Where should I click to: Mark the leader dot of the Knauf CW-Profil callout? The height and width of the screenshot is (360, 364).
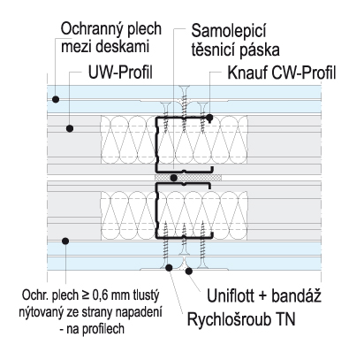209,117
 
